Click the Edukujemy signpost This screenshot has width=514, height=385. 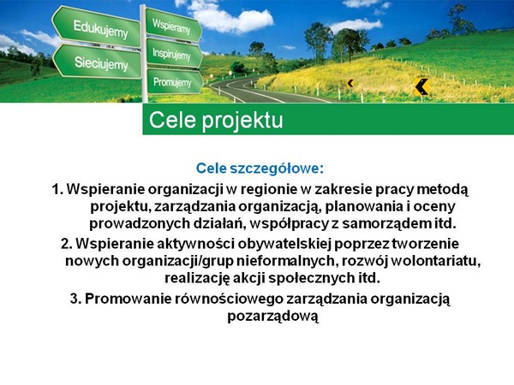[x=97, y=27]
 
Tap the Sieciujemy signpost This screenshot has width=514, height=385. [x=98, y=62]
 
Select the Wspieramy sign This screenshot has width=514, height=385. [x=173, y=25]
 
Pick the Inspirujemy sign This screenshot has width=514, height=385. [x=173, y=53]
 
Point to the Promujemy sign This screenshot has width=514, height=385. [x=174, y=81]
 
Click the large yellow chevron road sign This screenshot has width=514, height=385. [x=421, y=86]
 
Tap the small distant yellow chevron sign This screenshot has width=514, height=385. [x=350, y=83]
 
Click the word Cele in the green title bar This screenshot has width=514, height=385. [x=172, y=120]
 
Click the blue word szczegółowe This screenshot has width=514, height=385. [x=277, y=169]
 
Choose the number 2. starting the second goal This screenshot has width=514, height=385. [x=67, y=244]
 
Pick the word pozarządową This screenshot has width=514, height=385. [x=273, y=317]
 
